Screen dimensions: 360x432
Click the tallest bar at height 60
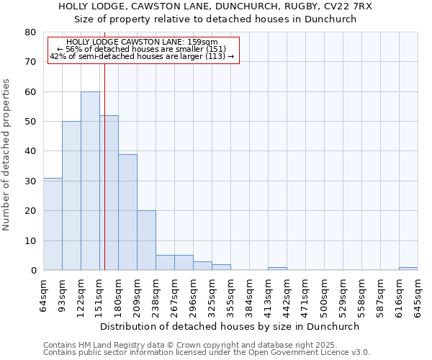click(90, 181)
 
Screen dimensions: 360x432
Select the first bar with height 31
click(53, 224)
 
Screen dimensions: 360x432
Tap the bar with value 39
click(127, 212)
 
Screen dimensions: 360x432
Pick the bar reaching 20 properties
click(146, 240)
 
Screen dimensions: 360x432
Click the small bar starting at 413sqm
click(277, 269)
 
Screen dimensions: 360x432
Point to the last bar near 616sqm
click(408, 269)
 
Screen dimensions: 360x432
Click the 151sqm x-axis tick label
click(100, 294)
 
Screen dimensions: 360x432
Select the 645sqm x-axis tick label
click(418, 294)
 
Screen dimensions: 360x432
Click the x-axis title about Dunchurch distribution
click(230, 326)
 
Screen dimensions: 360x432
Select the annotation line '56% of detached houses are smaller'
click(143, 49)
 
